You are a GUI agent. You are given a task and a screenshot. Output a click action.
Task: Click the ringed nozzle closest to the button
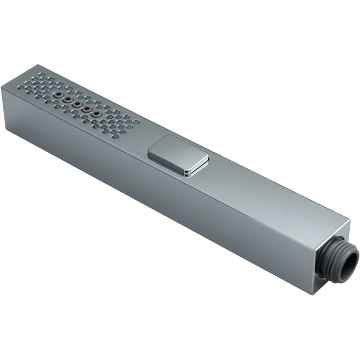pos(95,115)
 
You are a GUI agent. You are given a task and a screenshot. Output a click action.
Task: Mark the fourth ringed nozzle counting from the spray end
pos(86,110)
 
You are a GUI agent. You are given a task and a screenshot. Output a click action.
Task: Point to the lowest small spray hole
pos(116,136)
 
